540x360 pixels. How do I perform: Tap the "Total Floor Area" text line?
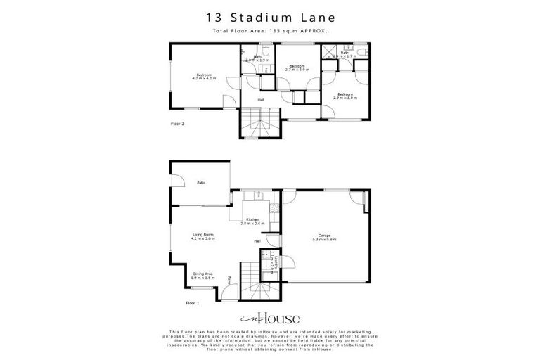coord(269,32)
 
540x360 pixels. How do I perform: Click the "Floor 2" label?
coord(177,124)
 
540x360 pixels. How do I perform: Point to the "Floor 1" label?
coord(193,303)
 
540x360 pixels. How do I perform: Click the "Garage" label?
coord(324,235)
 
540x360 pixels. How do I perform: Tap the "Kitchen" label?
coord(252,219)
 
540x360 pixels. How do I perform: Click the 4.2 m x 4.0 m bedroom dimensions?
coord(203,78)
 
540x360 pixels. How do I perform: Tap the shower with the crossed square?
coord(328,53)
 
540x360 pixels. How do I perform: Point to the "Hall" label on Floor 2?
coord(260,99)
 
